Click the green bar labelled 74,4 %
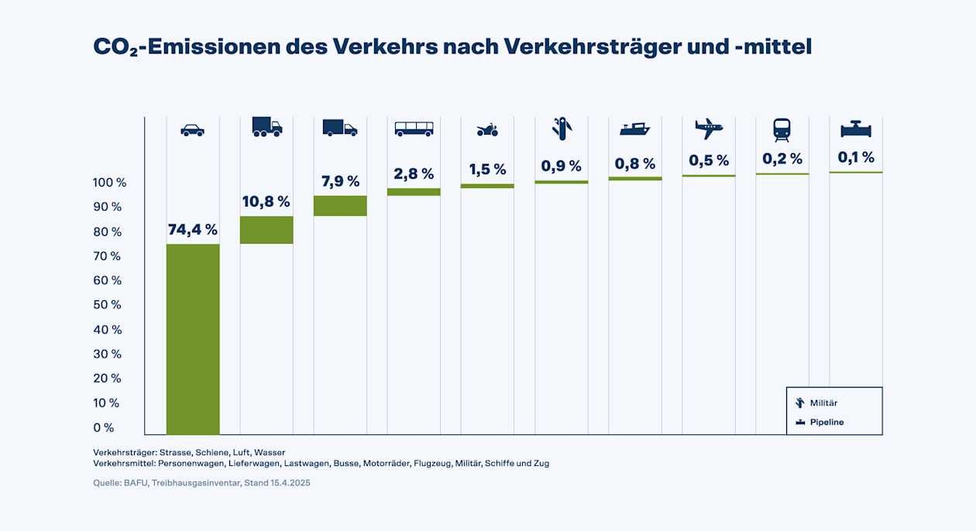point(193,339)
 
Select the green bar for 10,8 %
point(266,230)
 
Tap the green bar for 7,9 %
point(340,205)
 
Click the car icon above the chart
point(192,130)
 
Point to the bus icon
point(414,128)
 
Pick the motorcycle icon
point(487,129)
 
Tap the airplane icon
point(708,128)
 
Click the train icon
point(782,129)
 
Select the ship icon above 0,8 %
point(634,128)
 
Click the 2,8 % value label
point(414,173)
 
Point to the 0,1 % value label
point(856,157)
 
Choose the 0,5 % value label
point(709,160)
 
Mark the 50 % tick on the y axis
point(108,305)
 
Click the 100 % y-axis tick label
point(109,183)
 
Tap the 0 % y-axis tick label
point(104,427)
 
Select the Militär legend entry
point(823,403)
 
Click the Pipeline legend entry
point(827,422)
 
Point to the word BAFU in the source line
point(135,483)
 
